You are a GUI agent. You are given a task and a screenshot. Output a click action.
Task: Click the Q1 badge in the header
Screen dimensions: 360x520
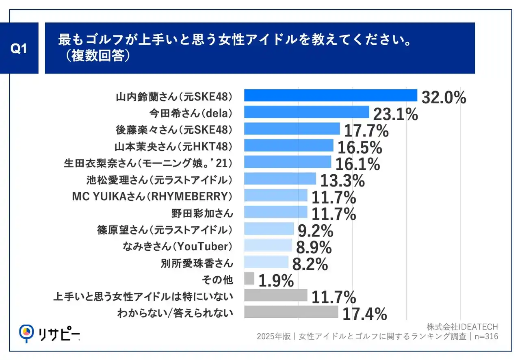19,48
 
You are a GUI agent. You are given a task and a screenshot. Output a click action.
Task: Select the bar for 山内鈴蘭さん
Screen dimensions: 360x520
330,95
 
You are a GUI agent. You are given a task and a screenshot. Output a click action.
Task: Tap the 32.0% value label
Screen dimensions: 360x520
444,98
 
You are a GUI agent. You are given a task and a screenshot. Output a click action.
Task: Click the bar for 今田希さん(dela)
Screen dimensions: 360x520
306,112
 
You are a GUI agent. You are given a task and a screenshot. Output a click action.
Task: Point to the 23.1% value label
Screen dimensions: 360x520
395,115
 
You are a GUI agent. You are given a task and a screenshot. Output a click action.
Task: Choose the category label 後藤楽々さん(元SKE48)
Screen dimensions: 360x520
173,130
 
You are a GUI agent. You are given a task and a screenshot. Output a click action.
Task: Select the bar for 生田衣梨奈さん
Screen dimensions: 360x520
288,162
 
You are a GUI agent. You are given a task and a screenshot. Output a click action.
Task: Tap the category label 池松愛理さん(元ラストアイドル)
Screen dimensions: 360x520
160,180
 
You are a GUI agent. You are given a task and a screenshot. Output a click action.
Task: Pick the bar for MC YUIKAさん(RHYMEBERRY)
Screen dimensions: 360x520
275,195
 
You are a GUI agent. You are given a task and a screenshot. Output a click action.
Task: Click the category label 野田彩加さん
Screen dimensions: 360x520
203,213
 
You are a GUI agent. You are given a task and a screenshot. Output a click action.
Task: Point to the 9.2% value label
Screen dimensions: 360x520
316,231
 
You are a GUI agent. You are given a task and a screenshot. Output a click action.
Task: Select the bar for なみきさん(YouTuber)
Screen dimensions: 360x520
268,245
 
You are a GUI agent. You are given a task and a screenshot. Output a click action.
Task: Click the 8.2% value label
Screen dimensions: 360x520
310,265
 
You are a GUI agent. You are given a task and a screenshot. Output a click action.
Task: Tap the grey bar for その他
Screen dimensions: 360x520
249,279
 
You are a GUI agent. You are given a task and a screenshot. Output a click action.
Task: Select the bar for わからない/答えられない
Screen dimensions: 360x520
291,312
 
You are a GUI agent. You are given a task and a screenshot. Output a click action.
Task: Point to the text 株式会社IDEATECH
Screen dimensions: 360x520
462,327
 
